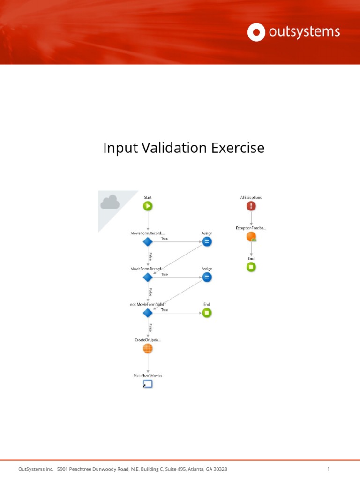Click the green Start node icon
(x=148, y=206)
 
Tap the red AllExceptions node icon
(x=251, y=206)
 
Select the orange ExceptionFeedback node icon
(x=251, y=237)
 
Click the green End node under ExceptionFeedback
(x=251, y=267)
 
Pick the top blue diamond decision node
(x=148, y=242)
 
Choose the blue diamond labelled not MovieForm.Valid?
(x=148, y=313)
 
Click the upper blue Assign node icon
(x=207, y=242)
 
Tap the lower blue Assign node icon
(x=207, y=277)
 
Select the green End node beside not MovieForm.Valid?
(x=207, y=313)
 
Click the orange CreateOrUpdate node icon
(x=148, y=348)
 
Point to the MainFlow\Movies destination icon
(x=148, y=384)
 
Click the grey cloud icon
(x=110, y=202)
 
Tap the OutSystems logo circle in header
(x=256, y=32)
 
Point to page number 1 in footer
(x=329, y=469)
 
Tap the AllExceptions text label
(x=251, y=197)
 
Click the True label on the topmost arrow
(x=165, y=239)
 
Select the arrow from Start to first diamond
(x=148, y=224)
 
